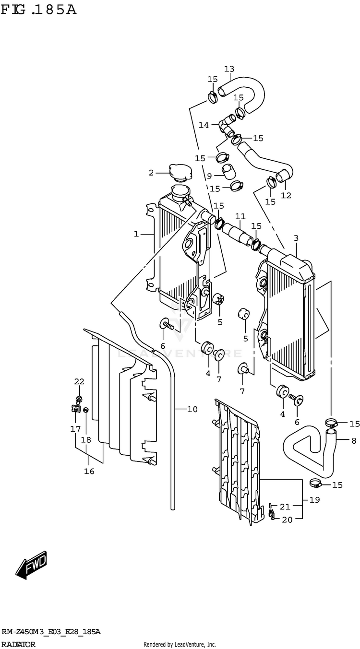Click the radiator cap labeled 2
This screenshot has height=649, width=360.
(180, 173)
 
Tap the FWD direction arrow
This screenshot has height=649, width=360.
(31, 565)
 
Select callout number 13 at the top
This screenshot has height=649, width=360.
(229, 69)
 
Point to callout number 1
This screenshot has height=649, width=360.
(136, 234)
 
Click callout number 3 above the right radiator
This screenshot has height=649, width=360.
(296, 238)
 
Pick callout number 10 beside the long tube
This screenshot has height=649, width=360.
(192, 409)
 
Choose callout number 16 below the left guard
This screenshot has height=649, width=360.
(89, 472)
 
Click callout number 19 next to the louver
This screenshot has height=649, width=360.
(314, 500)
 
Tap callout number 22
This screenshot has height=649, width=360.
(79, 381)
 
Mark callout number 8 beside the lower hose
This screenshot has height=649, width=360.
(354, 441)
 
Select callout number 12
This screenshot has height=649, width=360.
(286, 195)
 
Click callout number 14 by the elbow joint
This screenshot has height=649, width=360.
(204, 125)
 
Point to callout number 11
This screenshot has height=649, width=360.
(240, 216)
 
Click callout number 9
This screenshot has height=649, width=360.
(209, 176)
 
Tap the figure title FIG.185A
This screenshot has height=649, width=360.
(39, 10)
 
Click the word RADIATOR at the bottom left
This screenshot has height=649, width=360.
(18, 644)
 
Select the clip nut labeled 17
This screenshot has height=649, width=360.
(76, 409)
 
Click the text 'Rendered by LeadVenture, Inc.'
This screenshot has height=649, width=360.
(180, 644)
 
